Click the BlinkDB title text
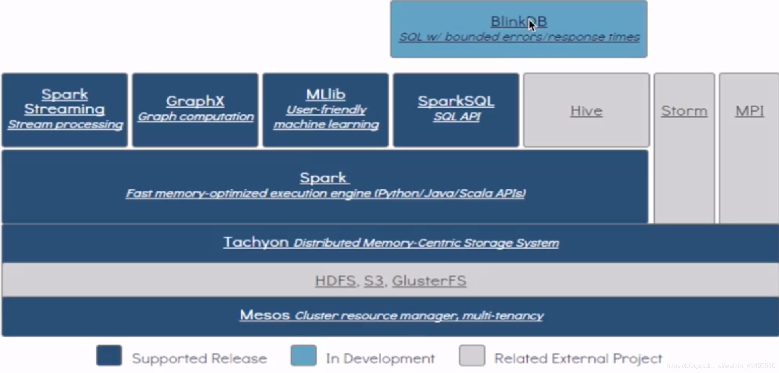[x=519, y=22]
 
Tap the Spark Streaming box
[x=64, y=110]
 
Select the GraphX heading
[x=195, y=101]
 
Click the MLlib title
[x=325, y=94]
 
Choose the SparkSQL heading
[x=456, y=101]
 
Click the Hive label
[x=586, y=111]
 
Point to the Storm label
[x=684, y=111]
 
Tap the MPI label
[x=749, y=111]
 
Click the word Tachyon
[x=256, y=242]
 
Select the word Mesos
[x=265, y=315]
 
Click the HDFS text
[x=335, y=281]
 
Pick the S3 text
[x=374, y=281]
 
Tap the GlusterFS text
[x=429, y=281]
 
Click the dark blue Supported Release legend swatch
[x=109, y=355]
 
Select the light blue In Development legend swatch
[x=303, y=355]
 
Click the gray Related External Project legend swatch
[x=472, y=355]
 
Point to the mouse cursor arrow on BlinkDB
[x=532, y=25]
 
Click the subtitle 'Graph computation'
[x=195, y=116]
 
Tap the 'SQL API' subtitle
[x=457, y=116]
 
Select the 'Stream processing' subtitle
[x=65, y=124]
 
